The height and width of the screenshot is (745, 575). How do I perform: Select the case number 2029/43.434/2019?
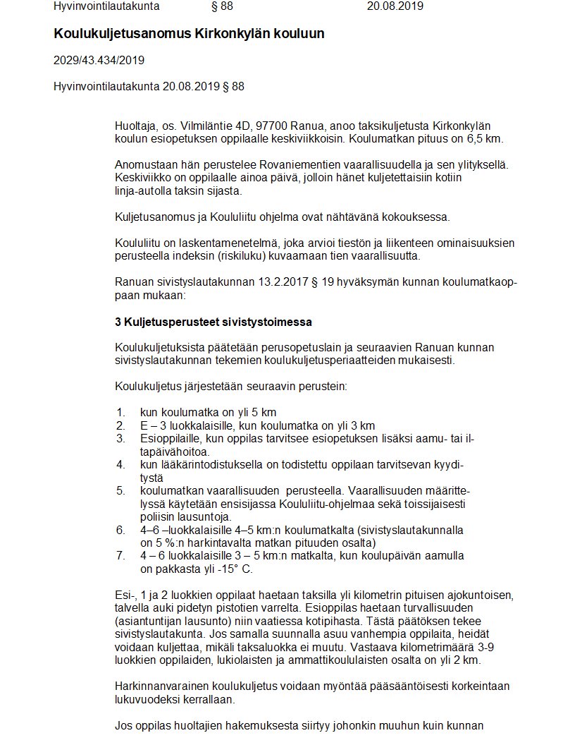tap(99, 60)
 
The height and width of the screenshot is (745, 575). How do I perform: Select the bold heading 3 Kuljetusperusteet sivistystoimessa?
tap(214, 322)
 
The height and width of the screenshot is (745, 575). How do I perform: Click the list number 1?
tap(120, 412)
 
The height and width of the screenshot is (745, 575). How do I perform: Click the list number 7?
tap(120, 556)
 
